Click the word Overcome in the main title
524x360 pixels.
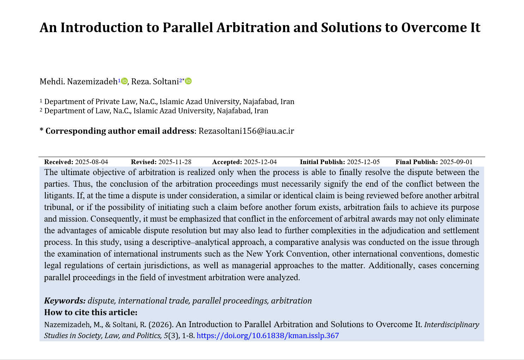(x=434, y=28)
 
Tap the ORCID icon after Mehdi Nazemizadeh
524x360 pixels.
(x=124, y=81)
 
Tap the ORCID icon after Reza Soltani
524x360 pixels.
(x=188, y=81)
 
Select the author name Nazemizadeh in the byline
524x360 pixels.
(x=92, y=82)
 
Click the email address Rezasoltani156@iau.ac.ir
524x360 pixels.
(x=246, y=131)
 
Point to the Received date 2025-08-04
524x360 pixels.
(x=91, y=162)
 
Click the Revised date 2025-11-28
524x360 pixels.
(x=175, y=162)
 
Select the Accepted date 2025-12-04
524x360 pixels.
(x=260, y=162)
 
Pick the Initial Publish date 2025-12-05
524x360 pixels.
(x=363, y=162)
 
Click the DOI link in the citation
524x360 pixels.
(x=267, y=336)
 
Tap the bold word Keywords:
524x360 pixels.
(x=65, y=301)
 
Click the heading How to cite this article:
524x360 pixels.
(x=91, y=312)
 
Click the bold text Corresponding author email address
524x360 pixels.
(x=120, y=131)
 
